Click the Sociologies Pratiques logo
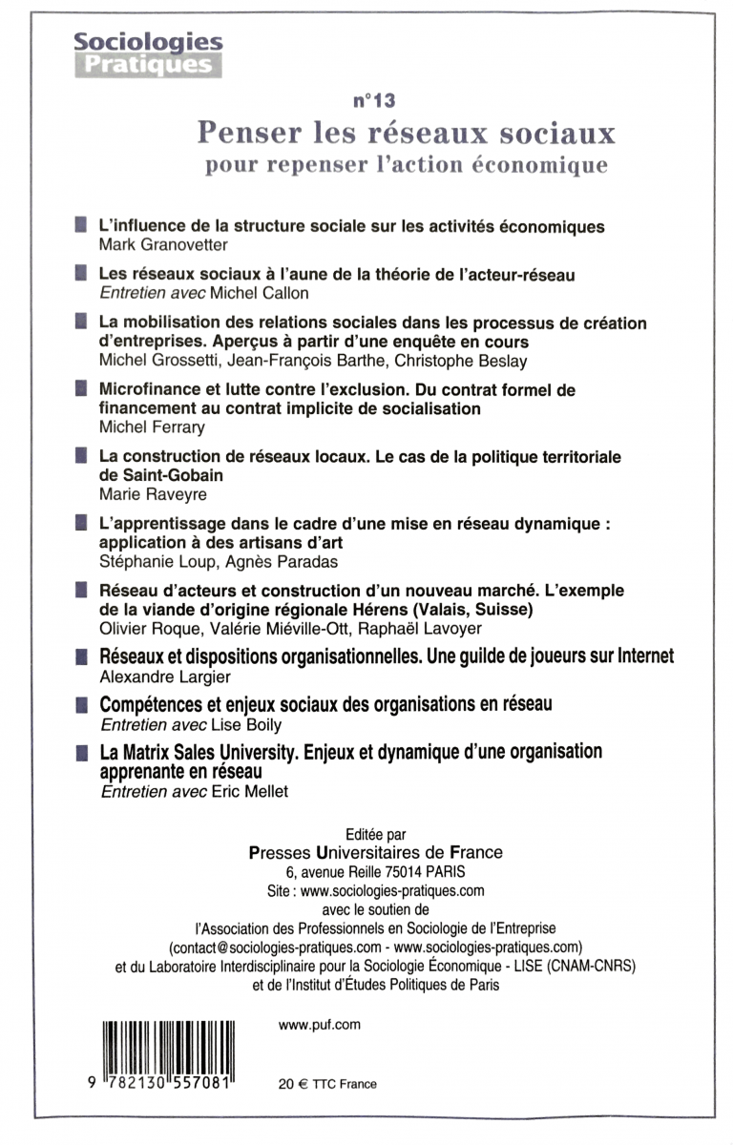pos(148,53)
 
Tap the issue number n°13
pos(373,99)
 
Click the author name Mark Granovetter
pos(158,245)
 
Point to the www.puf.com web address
pos(320,1025)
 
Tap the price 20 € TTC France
pos(327,1084)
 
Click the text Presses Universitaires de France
pos(375,852)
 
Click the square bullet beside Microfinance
pos(82,390)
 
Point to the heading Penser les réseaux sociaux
pos(406,131)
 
